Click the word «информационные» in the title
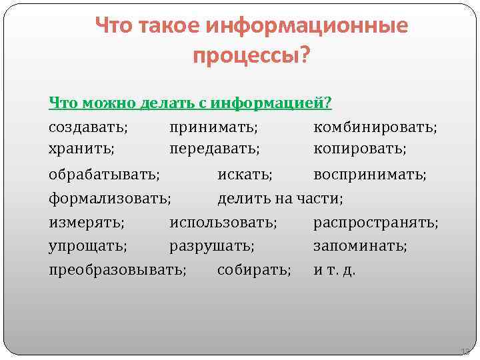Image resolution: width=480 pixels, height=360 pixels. tap(307, 27)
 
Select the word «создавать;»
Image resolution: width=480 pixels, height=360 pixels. tap(89, 126)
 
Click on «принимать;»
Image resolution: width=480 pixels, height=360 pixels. tap(214, 126)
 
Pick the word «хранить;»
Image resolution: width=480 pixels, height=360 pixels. tap(81, 148)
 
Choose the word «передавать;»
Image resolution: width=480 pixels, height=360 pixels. tap(215, 148)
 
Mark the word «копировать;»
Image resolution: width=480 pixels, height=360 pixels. tap(360, 148)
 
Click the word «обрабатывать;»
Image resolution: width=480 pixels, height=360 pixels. tap(104, 175)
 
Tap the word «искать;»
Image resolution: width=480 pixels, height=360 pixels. tap(245, 175)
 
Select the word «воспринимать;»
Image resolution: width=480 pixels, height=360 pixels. tap(370, 175)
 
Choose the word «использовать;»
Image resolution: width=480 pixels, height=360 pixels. tap(223, 222)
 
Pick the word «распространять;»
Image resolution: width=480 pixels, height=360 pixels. tap(376, 222)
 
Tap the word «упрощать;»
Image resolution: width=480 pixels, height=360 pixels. tap(88, 246)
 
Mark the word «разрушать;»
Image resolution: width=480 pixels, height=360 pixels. tap(212, 246)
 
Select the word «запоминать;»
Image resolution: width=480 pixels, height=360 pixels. tap(361, 246)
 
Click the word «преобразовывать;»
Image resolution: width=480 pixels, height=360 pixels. tap(118, 270)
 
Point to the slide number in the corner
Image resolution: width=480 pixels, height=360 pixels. tap(465, 351)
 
